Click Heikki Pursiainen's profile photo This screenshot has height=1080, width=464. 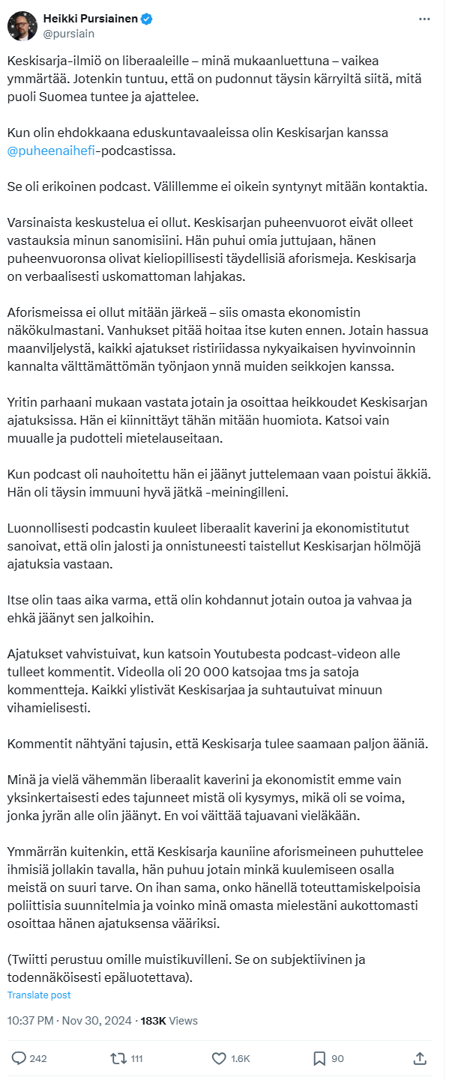point(22,25)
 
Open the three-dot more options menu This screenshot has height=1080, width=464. point(425,19)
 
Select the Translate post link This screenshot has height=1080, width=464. point(39,995)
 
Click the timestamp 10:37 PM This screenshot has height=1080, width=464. point(30,1020)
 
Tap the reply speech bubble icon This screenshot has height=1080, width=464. point(19,1058)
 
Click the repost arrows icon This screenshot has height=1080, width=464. point(118,1058)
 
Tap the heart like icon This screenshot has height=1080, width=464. point(219,1058)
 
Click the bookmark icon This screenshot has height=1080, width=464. point(319,1058)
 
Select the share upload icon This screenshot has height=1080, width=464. point(420,1058)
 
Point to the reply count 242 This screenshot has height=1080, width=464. point(38,1059)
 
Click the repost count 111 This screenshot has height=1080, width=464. point(136,1059)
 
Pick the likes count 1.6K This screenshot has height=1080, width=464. point(241,1059)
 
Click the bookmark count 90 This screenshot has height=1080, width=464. point(337,1059)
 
